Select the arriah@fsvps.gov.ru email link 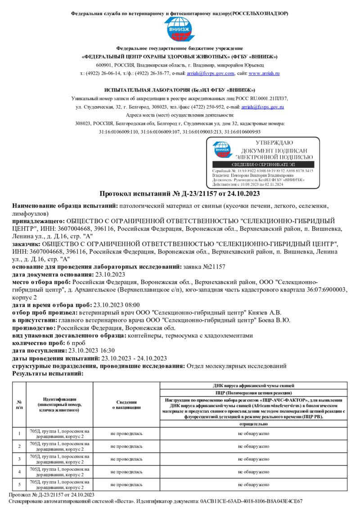point(262,107)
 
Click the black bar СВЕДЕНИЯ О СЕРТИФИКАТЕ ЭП point(263,165)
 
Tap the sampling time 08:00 point(132,304)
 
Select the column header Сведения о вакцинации point(126,404)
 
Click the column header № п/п point(19,404)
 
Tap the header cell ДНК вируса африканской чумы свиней point(253,386)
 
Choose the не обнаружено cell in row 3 point(253,459)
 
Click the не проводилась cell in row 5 point(126,484)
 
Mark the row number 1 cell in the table point(19,433)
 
